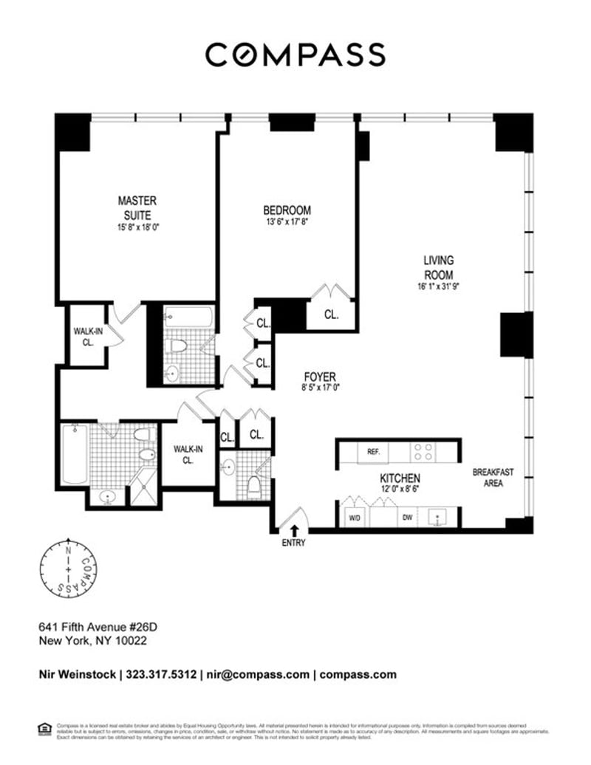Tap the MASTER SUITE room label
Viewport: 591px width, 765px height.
point(137,207)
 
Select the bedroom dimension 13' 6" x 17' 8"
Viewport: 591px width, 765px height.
point(287,222)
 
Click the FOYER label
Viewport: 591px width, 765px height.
point(319,377)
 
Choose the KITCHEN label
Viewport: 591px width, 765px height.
point(400,478)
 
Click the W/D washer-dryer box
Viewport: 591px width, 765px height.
point(355,517)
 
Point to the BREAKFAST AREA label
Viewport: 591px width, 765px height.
point(493,478)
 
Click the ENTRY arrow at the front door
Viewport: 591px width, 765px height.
point(294,530)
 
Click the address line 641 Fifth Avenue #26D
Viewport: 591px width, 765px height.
point(98,627)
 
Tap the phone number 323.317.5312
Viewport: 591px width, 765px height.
point(162,674)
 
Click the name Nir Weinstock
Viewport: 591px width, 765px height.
point(77,674)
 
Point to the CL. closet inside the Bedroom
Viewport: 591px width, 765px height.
point(331,315)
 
